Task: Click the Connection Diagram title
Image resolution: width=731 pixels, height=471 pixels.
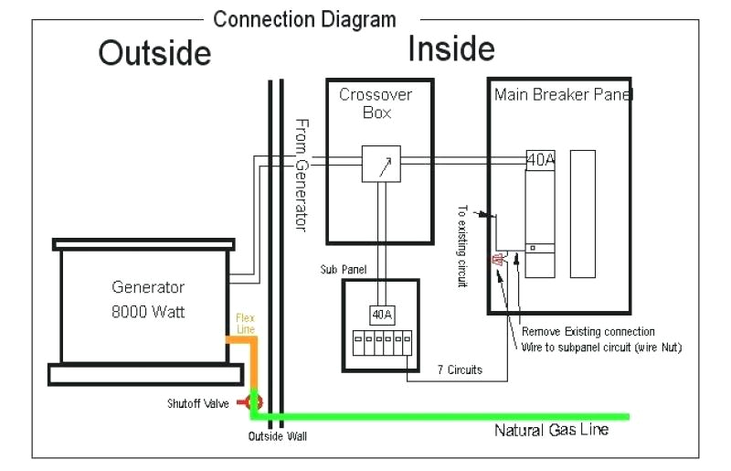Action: point(304,18)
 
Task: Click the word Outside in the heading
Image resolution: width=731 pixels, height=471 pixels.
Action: point(154,53)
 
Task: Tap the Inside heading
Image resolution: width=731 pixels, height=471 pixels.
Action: point(451,48)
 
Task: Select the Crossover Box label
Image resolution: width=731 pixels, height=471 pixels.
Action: point(376,103)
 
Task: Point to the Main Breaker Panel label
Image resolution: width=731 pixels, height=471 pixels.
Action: point(563,94)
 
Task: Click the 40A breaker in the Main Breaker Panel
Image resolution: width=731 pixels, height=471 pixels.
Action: point(540,159)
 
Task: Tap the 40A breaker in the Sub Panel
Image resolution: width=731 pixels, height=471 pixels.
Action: point(382,315)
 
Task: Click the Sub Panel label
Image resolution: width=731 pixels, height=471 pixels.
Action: point(342,271)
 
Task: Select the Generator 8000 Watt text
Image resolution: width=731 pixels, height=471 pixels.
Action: point(148,300)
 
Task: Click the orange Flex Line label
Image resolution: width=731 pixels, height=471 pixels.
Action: point(245,323)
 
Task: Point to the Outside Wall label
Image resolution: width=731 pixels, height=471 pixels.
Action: point(278,436)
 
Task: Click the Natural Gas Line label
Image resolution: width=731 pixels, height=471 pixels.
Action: point(551,430)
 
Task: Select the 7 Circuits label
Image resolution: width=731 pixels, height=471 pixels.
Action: point(458,369)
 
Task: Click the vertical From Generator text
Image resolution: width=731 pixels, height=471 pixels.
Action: point(302,175)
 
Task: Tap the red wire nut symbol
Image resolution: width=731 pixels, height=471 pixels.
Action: point(499,262)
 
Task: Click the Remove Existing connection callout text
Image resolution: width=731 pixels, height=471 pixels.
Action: point(588,331)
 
